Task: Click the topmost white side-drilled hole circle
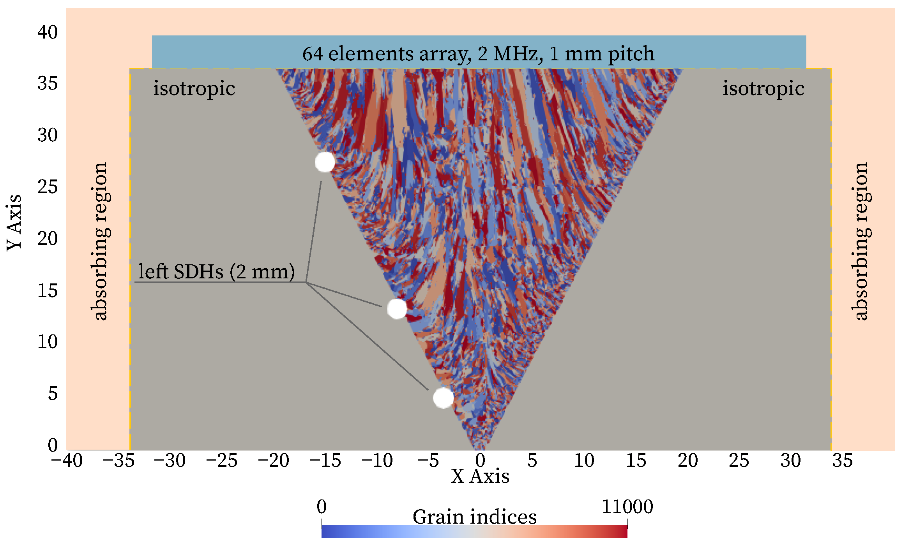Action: [325, 162]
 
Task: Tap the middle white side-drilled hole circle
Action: [397, 309]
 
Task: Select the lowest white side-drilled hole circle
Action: [443, 397]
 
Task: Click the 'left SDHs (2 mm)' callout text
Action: [216, 271]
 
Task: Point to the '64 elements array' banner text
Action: [478, 53]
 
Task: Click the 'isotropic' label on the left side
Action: [194, 88]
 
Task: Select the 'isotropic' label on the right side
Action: [763, 88]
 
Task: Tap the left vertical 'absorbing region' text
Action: [100, 241]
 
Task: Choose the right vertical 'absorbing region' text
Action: [861, 241]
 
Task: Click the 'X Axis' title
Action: [480, 476]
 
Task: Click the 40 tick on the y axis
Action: [48, 32]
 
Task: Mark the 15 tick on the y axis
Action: [48, 290]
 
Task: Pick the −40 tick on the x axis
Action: [67, 461]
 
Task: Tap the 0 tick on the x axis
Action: [480, 461]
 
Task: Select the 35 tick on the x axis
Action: [842, 461]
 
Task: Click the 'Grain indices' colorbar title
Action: [474, 517]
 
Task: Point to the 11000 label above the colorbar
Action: [627, 507]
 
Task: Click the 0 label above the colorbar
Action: [322, 507]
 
